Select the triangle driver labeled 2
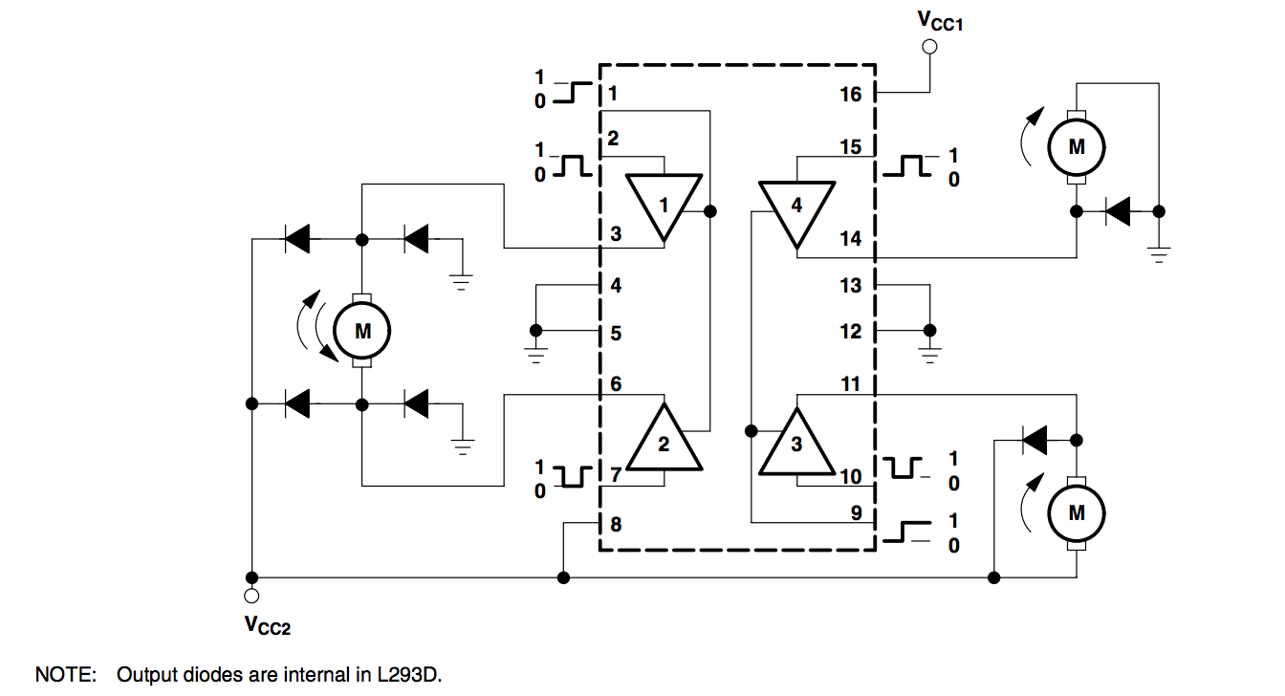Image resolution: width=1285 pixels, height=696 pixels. click(664, 441)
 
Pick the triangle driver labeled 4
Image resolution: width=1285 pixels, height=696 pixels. click(796, 208)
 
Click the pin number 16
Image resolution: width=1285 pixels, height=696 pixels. click(851, 94)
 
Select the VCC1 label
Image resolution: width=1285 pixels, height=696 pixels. click(939, 18)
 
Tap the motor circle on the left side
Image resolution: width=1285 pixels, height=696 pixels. click(362, 331)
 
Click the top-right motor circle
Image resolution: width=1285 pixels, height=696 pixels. click(1077, 147)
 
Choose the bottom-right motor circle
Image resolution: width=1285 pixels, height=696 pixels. click(1077, 512)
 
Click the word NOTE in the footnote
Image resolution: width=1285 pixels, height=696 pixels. click(66, 675)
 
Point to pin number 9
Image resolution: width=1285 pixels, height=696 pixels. click(856, 513)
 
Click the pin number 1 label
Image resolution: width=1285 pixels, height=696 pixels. click(612, 94)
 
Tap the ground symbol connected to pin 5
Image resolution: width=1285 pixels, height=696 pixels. click(535, 356)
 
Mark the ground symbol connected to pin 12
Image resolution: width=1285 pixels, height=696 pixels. click(926, 356)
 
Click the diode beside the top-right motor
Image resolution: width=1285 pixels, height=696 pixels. click(1117, 211)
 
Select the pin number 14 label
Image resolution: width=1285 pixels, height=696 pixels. click(851, 239)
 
